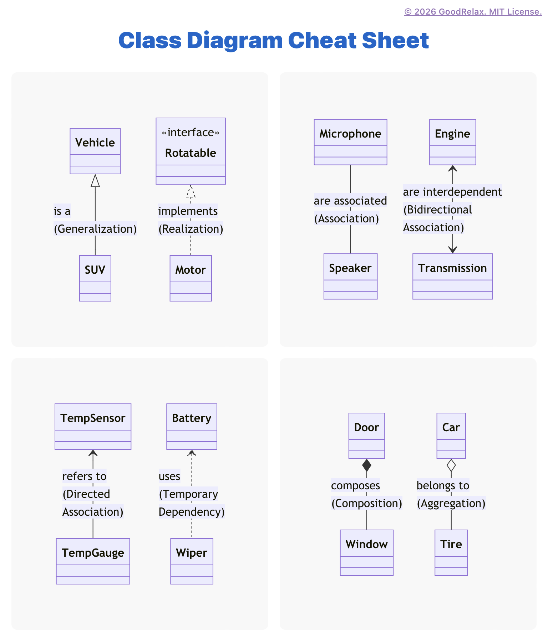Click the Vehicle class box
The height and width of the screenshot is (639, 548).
pos(95,151)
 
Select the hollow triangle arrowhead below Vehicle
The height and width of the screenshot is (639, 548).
pos(95,181)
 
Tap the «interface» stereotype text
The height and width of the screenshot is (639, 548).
pos(191,133)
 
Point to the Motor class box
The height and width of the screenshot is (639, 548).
pos(191,278)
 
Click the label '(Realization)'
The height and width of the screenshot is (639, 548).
pos(191,229)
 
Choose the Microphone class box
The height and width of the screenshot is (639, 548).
pos(350,142)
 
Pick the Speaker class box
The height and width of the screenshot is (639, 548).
pos(350,276)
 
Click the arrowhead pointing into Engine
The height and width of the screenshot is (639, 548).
pos(453,169)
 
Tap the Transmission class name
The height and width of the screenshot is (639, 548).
pos(452,268)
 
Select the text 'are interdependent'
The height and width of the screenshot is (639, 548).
pos(452,192)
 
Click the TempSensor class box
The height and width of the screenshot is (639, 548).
pos(93,426)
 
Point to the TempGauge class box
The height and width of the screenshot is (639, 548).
pos(93,561)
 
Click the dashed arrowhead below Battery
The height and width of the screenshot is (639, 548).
pos(192,453)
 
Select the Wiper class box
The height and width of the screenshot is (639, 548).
pos(192,561)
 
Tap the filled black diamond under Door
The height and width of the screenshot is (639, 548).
pos(367,465)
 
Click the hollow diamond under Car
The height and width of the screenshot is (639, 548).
pos(451,465)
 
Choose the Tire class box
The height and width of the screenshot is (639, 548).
pos(451,552)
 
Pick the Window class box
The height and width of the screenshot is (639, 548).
pos(367,552)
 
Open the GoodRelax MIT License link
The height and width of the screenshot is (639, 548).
pos(473,12)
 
